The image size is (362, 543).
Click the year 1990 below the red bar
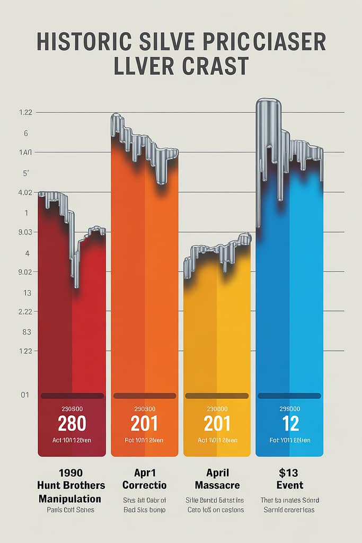tap(72, 472)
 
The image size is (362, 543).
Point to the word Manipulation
tap(70, 498)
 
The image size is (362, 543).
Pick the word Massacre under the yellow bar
tap(217, 485)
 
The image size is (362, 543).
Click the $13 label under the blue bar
tap(289, 472)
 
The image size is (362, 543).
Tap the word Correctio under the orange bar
tap(144, 485)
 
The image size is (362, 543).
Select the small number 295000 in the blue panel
tap(289, 409)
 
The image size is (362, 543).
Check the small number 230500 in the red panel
tap(72, 409)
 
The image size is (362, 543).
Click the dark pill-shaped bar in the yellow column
tap(216, 396)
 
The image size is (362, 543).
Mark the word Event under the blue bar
tap(289, 485)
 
